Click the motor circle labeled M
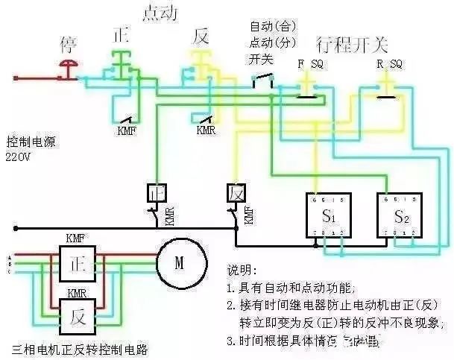(x=179, y=262)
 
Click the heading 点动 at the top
(x=160, y=13)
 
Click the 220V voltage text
(x=20, y=157)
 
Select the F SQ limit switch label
(x=309, y=64)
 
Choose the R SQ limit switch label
(x=388, y=64)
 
